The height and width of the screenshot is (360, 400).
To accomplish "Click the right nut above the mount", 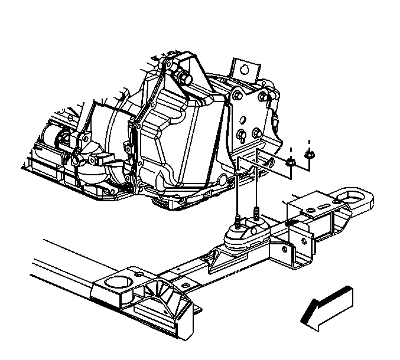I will pos(308,155).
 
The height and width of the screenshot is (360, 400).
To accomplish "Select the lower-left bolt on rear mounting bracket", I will pos(240,134).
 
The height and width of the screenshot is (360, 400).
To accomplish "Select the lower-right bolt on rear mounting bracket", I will pos(258,132).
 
